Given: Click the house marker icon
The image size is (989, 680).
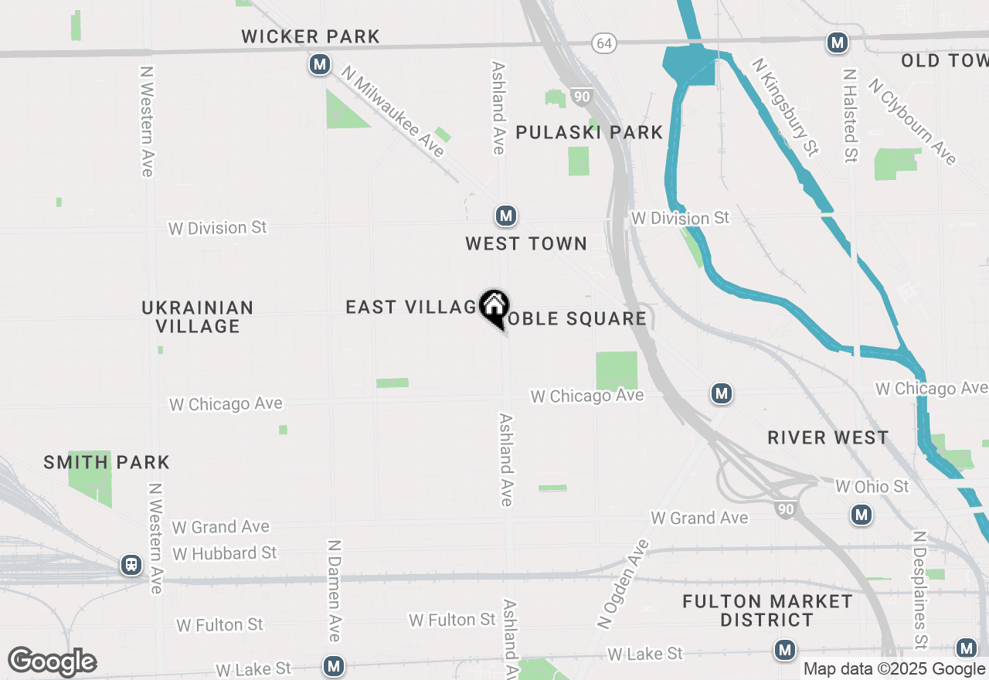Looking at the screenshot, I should point(494,307).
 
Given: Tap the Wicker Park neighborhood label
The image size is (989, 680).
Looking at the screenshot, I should point(311,36).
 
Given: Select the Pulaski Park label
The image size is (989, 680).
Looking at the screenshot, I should point(590,132).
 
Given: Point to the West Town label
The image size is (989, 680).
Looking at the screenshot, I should point(526,243).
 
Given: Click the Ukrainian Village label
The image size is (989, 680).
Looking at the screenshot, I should point(198,317).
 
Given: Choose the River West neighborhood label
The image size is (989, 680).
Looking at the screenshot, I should point(828,437).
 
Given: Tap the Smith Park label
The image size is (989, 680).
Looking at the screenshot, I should point(107,462).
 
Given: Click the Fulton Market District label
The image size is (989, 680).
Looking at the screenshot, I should point(767,610).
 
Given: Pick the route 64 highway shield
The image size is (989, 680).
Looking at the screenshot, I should point(604,43).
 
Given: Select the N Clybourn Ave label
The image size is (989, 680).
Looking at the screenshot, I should point(913,121).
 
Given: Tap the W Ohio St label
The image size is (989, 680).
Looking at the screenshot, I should point(872,487).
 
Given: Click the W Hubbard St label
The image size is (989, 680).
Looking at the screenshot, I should point(225,553).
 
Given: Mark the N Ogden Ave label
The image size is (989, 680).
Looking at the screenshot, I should point(624,582).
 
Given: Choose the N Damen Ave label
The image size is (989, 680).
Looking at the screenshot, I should point(335,591).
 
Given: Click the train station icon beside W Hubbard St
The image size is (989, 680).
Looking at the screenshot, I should point(132,565).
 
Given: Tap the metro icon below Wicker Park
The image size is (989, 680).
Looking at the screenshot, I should point(320,64).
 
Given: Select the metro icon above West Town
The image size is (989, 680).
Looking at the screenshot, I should point(506,216).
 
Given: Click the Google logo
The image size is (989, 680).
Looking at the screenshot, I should point(53,662).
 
